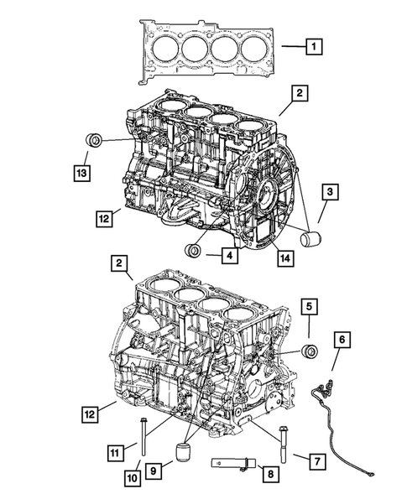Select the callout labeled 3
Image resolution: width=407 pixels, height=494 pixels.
coord(331,193)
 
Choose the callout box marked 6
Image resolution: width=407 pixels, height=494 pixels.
coord(342,339)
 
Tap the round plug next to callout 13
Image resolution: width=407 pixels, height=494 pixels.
coord(96,139)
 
